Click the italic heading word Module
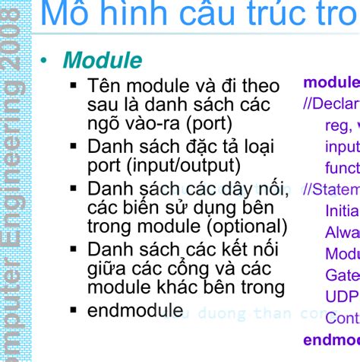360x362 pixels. (x=103, y=60)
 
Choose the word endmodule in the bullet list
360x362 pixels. (x=135, y=310)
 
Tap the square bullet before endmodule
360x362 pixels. (x=74, y=310)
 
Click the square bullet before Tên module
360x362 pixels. (x=74, y=86)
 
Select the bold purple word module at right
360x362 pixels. (x=331, y=82)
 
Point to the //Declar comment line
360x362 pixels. (x=331, y=103)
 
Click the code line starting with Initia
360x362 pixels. (x=342, y=211)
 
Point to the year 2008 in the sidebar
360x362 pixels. (x=14, y=46)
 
